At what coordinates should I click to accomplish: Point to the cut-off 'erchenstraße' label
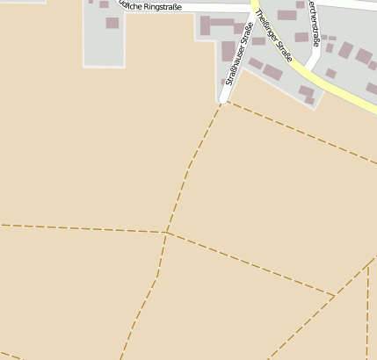(314, 22)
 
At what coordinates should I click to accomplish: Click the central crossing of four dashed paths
(166, 233)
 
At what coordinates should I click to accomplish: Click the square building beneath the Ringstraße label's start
(112, 23)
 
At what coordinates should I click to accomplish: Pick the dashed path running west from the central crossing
(79, 228)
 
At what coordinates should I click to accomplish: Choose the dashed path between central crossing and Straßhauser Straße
(189, 167)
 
